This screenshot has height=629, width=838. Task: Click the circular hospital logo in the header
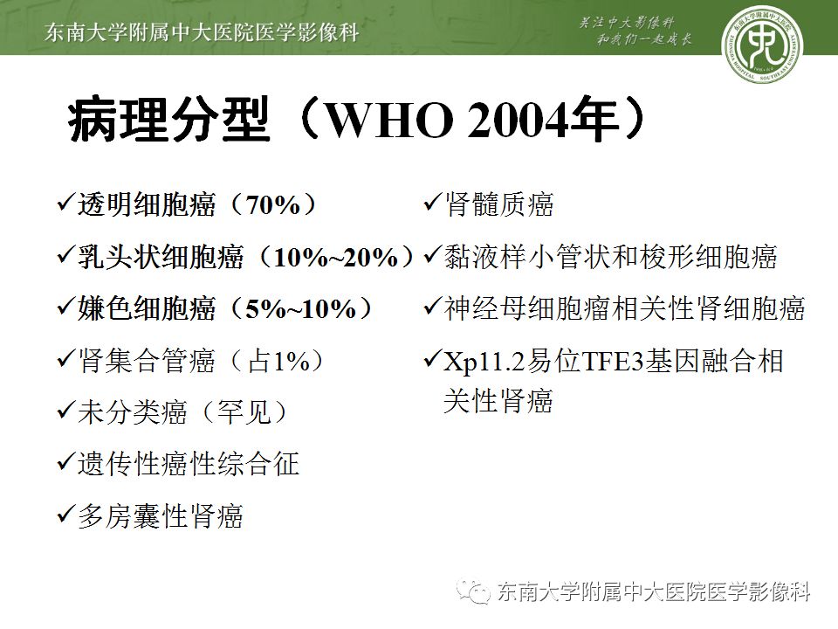761,40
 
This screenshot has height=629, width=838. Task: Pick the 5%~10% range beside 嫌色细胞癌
301,309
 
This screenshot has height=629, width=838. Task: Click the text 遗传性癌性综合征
188,464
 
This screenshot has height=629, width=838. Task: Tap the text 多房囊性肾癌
161,515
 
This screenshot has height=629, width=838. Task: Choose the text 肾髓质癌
498,205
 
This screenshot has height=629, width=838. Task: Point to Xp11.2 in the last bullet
484,361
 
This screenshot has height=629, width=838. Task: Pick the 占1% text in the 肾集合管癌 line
278,361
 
